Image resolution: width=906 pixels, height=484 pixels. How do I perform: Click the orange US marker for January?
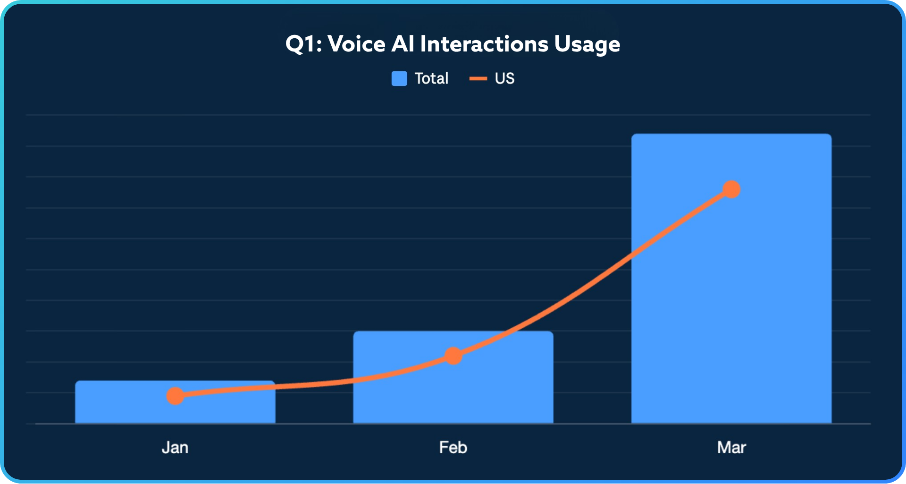click(175, 396)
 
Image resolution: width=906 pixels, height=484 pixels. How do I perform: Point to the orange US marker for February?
click(453, 356)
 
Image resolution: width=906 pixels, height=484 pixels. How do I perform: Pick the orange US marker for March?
click(731, 189)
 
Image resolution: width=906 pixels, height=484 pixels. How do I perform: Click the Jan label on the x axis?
click(175, 447)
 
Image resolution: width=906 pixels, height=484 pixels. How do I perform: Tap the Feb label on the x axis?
click(453, 447)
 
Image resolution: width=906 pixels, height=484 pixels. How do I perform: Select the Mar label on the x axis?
click(731, 447)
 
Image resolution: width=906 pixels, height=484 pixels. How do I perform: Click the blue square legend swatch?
click(399, 78)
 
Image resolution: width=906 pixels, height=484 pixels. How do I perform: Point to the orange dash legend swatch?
click(478, 78)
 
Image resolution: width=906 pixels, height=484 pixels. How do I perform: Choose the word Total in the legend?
click(431, 78)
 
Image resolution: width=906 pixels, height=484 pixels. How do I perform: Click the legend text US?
click(504, 78)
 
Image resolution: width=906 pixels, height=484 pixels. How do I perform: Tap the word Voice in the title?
click(356, 44)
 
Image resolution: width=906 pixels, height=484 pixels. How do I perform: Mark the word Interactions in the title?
click(484, 44)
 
